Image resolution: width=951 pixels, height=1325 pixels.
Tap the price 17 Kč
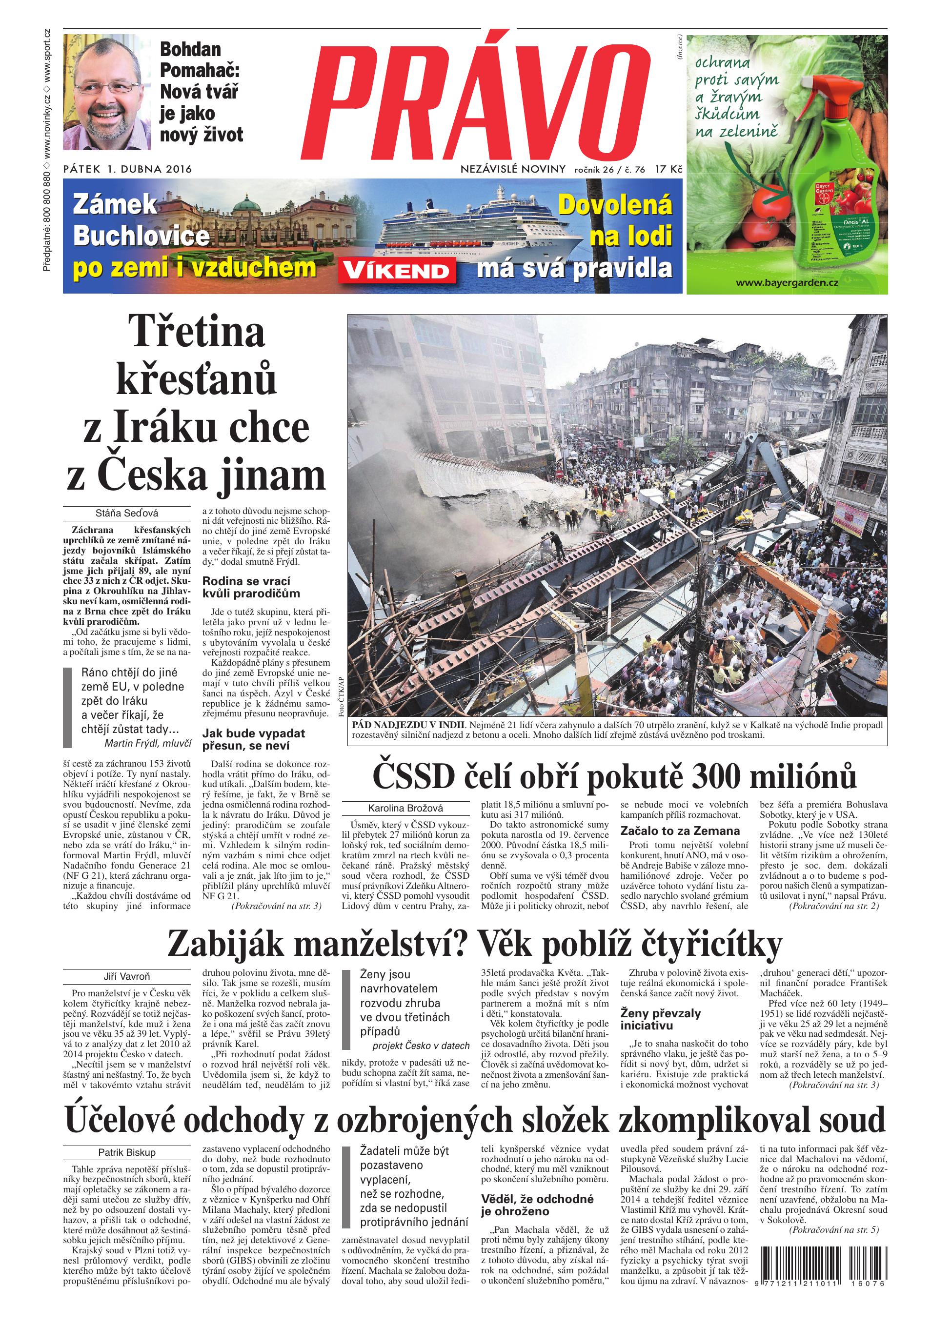point(668,169)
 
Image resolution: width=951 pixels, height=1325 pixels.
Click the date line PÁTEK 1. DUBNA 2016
point(127,169)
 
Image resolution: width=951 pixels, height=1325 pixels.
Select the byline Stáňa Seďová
point(127,513)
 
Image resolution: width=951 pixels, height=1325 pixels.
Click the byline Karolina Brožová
point(405,809)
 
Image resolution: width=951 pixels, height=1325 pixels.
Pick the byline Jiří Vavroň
point(127,976)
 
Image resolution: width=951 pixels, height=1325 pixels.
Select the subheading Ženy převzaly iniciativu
point(661,1019)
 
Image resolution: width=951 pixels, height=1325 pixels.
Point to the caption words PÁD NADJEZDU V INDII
point(408,724)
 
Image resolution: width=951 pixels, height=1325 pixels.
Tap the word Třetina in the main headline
point(196,331)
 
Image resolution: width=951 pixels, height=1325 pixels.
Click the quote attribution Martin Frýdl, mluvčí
point(148,743)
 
